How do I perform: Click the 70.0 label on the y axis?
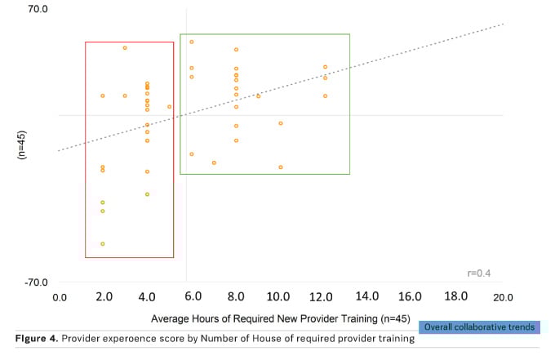coord(39,10)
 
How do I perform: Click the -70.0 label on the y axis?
coord(38,282)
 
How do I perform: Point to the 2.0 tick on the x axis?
coord(104,297)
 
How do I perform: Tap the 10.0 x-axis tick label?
coord(279,297)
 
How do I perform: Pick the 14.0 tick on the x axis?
coord(367,296)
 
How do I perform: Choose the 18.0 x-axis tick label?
coord(455,296)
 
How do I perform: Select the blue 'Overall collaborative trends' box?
coord(480,327)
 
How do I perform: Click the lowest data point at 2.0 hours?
coord(103,244)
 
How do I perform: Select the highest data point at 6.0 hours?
coord(192,42)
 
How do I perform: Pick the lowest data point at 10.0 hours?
coord(280,167)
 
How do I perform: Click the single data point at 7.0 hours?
coord(214,162)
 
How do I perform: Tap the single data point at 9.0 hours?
coord(258,96)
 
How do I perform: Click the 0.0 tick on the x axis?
coord(60,297)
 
